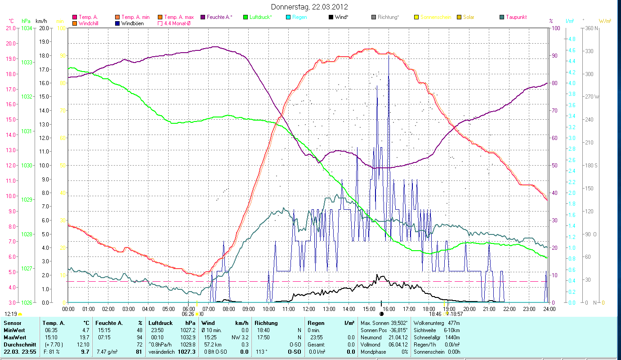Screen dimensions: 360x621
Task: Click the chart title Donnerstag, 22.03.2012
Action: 310,7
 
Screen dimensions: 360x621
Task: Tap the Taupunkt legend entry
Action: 516,17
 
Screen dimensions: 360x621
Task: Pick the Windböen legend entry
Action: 133,23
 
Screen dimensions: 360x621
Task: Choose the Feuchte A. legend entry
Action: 219,17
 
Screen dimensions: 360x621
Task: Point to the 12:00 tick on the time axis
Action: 309,309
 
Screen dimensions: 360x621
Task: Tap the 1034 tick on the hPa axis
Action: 27,28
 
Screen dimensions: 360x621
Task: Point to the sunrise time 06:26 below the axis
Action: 188,314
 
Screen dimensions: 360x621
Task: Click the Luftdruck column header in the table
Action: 161,323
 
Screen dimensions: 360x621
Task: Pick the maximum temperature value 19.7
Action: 85,337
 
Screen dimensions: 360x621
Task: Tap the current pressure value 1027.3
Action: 187,351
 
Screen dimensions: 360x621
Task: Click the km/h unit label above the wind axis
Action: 41,21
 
